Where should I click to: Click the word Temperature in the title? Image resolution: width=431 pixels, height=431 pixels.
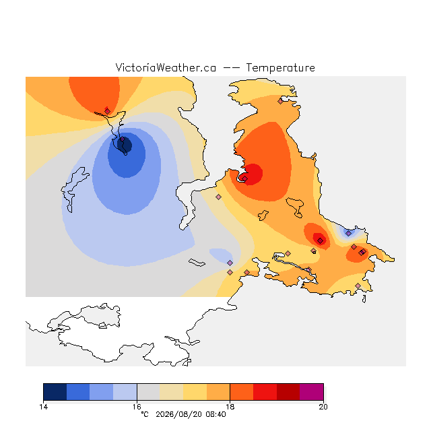pyautogui.click(x=280, y=67)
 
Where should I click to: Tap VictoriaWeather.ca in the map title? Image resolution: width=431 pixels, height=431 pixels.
pyautogui.click(x=166, y=67)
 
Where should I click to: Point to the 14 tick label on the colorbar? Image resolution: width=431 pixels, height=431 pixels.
pyautogui.click(x=43, y=407)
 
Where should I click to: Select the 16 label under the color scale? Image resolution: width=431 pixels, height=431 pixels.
pyautogui.click(x=137, y=407)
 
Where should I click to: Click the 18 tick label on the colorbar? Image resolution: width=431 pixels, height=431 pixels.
pyautogui.click(x=230, y=407)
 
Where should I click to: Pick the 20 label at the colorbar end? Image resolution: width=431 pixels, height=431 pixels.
pyautogui.click(x=323, y=407)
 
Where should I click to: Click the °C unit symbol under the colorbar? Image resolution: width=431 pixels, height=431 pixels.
pyautogui.click(x=145, y=414)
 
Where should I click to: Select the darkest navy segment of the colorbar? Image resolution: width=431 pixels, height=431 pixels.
pyautogui.click(x=55, y=392)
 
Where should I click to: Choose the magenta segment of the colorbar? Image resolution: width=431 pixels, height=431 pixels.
pyautogui.click(x=311, y=392)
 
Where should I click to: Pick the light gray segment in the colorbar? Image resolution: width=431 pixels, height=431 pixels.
pyautogui.click(x=148, y=392)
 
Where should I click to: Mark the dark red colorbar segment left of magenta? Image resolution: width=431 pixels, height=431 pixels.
pyautogui.click(x=288, y=392)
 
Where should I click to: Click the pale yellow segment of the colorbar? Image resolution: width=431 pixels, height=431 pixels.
pyautogui.click(x=172, y=392)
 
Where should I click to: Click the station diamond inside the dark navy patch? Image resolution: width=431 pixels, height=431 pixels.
pyautogui.click(x=123, y=139)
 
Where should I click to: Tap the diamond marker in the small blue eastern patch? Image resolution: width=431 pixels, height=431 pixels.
pyautogui.click(x=349, y=234)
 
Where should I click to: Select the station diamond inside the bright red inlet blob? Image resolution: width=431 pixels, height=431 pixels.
pyautogui.click(x=245, y=178)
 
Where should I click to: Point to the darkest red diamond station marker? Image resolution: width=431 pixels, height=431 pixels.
pyautogui.click(x=321, y=241)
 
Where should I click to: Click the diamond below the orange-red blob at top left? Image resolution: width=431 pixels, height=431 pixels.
pyautogui.click(x=108, y=111)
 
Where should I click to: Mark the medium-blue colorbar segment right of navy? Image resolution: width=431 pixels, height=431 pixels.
pyautogui.click(x=78, y=392)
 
